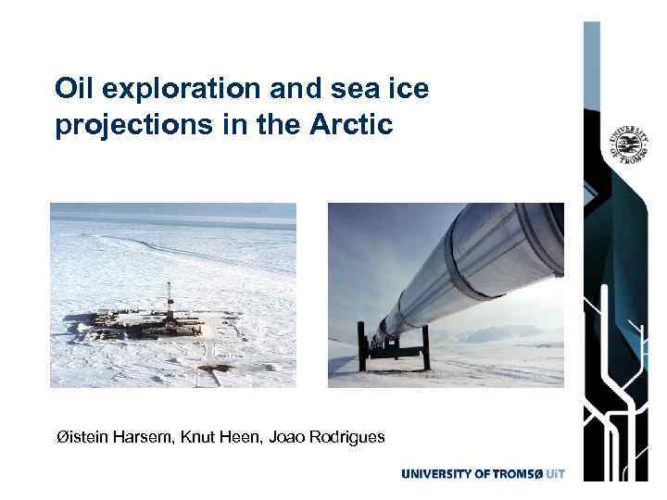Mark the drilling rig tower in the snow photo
(169, 300)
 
